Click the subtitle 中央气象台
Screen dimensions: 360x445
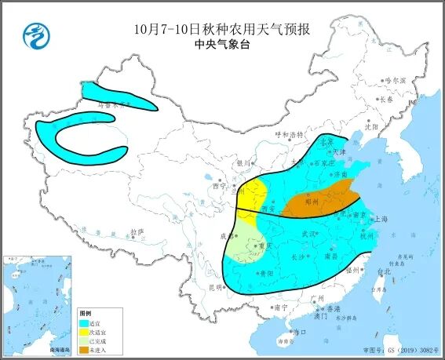pyautogui.click(x=221, y=45)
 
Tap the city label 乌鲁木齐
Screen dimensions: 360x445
pyautogui.click(x=112, y=103)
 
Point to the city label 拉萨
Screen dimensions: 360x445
pyautogui.click(x=138, y=232)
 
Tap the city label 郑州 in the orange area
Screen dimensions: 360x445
pyautogui.click(x=309, y=201)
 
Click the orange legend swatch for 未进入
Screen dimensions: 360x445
pyautogui.click(x=85, y=348)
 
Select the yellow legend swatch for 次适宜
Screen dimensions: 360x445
pyautogui.click(x=85, y=331)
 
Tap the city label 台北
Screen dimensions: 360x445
pyautogui.click(x=384, y=271)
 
